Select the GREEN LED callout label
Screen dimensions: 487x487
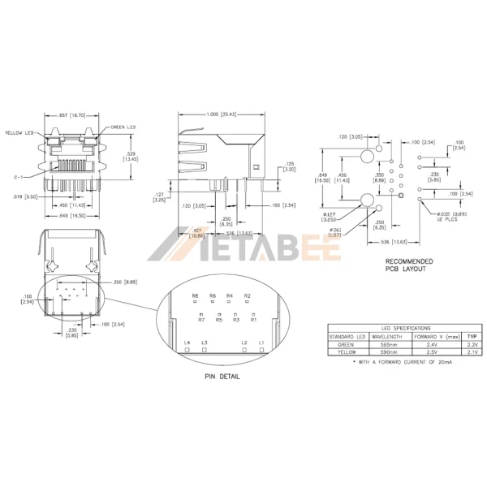click(x=123, y=127)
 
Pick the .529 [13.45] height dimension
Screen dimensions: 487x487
click(x=130, y=155)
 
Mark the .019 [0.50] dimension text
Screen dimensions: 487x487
click(x=22, y=197)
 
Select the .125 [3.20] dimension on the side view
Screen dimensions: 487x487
click(x=290, y=168)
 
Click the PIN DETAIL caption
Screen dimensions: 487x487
click(x=222, y=377)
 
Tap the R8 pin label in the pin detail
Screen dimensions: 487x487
click(x=196, y=295)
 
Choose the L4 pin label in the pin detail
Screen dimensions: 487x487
click(x=187, y=344)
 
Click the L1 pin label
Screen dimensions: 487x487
click(x=261, y=344)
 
